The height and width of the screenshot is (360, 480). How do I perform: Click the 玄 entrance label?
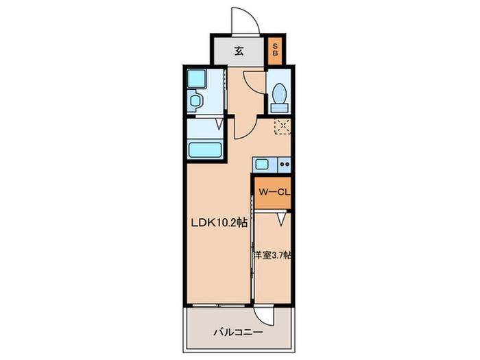(x=239, y=51)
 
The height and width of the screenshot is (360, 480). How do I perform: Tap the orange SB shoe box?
(x=275, y=51)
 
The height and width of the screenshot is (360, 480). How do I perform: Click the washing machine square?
(x=196, y=79)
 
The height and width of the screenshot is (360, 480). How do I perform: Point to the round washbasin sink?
(x=195, y=100)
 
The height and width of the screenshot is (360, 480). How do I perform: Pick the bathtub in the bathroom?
(x=206, y=149)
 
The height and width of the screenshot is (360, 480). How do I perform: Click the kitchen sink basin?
(x=262, y=165)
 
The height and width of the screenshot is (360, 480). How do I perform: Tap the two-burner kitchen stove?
(x=285, y=165)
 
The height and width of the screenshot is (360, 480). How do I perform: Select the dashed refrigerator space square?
(x=283, y=126)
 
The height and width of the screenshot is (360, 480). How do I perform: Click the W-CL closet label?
(x=274, y=192)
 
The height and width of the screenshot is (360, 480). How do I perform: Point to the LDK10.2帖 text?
(x=219, y=223)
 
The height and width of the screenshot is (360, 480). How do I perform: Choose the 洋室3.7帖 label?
(x=272, y=254)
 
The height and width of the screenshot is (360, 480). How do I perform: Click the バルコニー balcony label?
(x=238, y=332)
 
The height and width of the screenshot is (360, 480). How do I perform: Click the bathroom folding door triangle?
(x=219, y=123)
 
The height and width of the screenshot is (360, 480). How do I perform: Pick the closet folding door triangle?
(x=282, y=219)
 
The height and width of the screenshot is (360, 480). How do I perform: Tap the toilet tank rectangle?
(x=279, y=108)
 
